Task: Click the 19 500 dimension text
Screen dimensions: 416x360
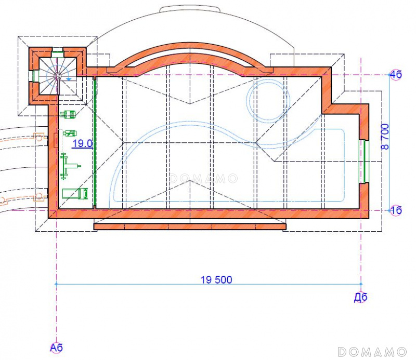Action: (x=216, y=279)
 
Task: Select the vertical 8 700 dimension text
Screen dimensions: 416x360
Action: (x=385, y=137)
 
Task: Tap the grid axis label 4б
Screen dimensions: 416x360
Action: (x=396, y=74)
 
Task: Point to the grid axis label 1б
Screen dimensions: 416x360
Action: (x=396, y=210)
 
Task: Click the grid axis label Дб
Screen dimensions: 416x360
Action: (x=360, y=298)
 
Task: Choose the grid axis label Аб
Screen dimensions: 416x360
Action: (x=56, y=348)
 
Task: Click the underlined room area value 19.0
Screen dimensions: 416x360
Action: (x=83, y=143)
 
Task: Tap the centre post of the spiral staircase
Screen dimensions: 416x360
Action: (x=57, y=76)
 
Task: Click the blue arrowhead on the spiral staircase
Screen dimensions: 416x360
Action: (x=69, y=78)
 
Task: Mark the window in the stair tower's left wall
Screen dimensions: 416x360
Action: (x=33, y=76)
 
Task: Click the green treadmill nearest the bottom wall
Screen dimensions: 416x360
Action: (x=75, y=194)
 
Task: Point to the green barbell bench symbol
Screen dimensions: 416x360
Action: (x=70, y=166)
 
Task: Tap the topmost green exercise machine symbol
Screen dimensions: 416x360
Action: (x=69, y=114)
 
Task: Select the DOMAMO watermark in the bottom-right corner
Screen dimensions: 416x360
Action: (x=372, y=352)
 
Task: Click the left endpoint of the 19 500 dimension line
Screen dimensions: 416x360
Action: (x=56, y=284)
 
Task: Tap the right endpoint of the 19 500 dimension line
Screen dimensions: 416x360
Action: (x=361, y=284)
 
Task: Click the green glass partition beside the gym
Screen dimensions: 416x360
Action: (x=95, y=143)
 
